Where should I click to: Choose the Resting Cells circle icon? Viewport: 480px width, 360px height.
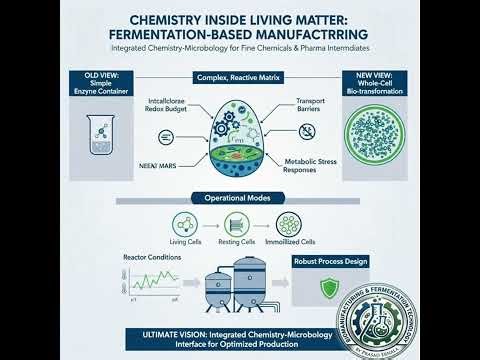point(237,224)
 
